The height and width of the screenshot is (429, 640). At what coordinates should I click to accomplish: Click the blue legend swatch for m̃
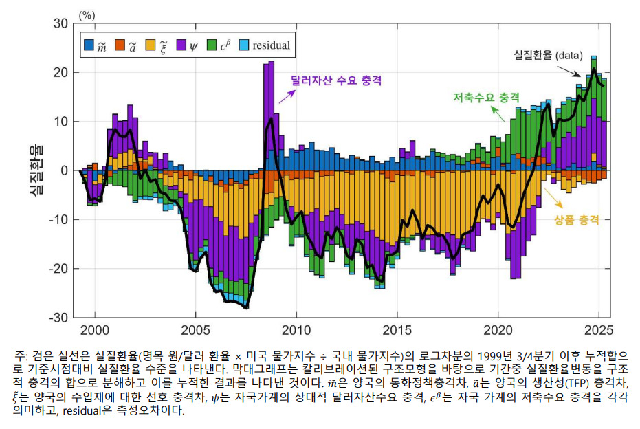(89, 45)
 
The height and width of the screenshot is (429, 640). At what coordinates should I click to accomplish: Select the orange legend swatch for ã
(120, 45)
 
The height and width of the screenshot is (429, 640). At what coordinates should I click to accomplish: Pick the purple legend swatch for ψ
(181, 45)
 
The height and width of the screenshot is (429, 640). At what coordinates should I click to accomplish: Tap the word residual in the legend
(271, 45)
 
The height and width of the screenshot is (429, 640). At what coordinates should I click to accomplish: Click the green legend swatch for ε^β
(212, 45)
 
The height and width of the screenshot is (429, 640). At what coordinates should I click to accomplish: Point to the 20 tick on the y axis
(60, 73)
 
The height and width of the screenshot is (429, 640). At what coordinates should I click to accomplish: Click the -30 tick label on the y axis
(58, 318)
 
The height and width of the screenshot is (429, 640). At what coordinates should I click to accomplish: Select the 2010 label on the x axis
(296, 330)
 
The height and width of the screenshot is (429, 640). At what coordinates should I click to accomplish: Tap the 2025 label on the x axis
(598, 330)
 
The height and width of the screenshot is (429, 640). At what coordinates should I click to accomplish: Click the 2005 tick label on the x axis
(195, 330)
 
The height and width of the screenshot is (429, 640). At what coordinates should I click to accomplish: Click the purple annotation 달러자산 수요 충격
(336, 80)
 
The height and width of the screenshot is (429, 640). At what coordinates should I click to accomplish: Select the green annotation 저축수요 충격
(487, 97)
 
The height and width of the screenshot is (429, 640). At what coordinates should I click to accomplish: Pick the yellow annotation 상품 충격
(577, 220)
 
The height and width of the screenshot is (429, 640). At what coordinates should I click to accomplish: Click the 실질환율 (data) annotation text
(548, 55)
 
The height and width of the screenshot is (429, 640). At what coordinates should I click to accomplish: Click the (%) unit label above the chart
(87, 16)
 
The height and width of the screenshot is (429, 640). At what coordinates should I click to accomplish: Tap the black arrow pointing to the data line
(569, 71)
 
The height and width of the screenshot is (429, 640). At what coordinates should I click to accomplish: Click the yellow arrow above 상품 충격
(553, 198)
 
